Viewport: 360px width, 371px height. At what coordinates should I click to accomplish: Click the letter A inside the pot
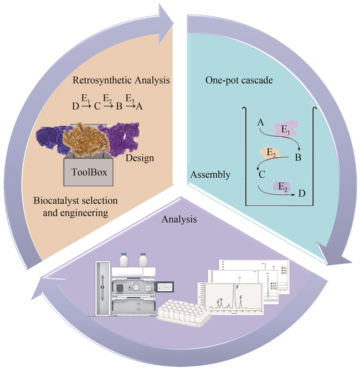[260, 125]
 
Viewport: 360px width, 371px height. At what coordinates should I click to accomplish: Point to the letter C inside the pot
[260, 175]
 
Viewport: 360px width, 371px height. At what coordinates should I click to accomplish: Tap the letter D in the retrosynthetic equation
[75, 106]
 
